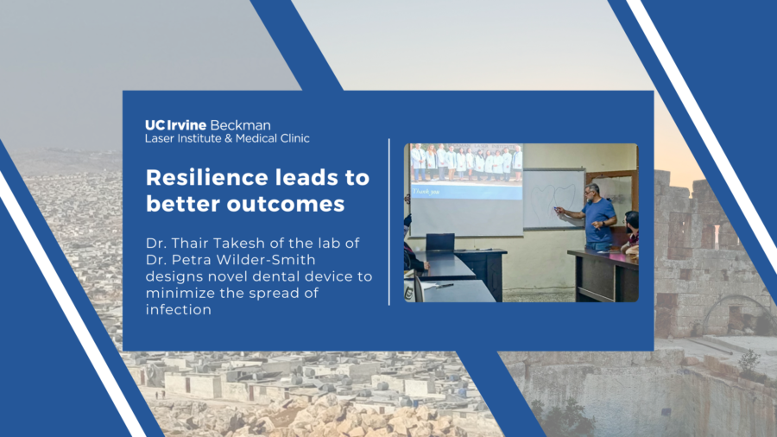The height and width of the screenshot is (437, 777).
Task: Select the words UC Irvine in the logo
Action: tap(175, 125)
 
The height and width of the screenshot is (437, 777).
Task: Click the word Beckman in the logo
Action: tap(240, 125)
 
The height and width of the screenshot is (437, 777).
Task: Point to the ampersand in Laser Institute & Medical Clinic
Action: tap(229, 139)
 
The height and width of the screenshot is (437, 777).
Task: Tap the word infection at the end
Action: tap(179, 310)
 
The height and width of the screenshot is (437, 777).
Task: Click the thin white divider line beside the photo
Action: tap(389, 222)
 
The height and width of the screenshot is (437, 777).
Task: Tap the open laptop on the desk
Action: tap(440, 242)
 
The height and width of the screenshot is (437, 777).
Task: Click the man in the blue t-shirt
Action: tap(595, 218)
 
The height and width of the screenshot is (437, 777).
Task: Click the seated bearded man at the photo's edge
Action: tap(630, 231)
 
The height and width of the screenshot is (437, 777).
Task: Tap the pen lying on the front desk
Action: tap(444, 286)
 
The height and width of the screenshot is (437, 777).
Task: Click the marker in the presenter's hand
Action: tap(557, 209)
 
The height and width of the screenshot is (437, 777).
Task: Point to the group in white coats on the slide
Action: tap(466, 162)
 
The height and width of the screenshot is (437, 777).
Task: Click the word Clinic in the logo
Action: tap(295, 139)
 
